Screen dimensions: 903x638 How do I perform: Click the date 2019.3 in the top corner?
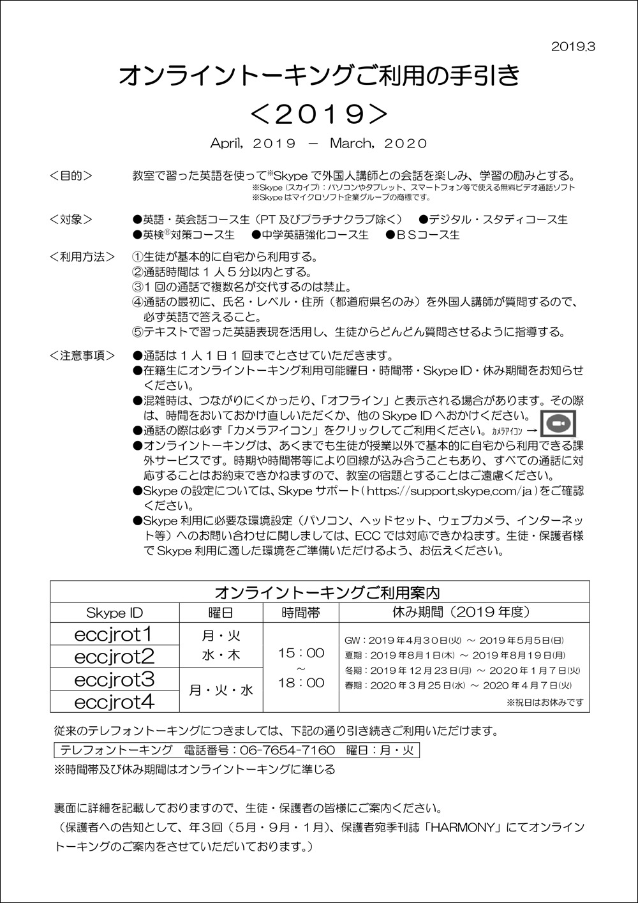tap(572, 47)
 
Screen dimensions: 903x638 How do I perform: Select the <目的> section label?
tap(71, 175)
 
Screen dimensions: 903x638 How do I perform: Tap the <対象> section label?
tap(71, 220)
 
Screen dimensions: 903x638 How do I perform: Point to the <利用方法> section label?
tap(82, 257)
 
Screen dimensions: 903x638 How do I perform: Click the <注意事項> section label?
tap(82, 355)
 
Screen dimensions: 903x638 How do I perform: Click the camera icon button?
tap(558, 424)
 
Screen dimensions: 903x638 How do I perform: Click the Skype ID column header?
tap(115, 613)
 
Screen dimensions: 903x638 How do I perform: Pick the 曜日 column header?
tap(221, 613)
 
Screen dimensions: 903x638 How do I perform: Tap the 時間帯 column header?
tap(301, 613)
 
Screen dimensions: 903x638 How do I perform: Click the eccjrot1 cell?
tap(115, 634)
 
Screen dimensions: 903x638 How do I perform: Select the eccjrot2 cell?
tap(115, 657)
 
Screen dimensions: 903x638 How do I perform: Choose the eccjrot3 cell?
tap(115, 679)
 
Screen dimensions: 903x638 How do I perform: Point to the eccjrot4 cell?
tap(115, 702)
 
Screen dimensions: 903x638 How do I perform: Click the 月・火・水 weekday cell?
tap(221, 690)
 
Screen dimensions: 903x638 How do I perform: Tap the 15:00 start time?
tap(301, 653)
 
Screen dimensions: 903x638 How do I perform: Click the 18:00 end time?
tap(301, 683)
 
